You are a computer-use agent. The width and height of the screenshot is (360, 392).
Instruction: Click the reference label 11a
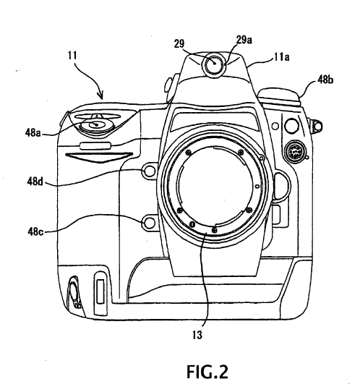click(x=282, y=57)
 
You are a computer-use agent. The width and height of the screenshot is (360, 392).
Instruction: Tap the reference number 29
click(x=179, y=44)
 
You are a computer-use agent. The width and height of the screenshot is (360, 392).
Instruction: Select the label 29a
click(x=244, y=40)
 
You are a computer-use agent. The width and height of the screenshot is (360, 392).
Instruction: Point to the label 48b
click(x=325, y=80)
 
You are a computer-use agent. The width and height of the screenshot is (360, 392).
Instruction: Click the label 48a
click(x=33, y=133)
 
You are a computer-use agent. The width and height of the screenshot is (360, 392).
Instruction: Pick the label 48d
click(x=35, y=182)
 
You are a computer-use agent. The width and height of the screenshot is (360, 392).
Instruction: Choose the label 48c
click(x=35, y=231)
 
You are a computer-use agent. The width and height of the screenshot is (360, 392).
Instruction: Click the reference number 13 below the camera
click(x=197, y=335)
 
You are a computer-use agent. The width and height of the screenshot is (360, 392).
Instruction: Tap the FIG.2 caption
click(x=207, y=372)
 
